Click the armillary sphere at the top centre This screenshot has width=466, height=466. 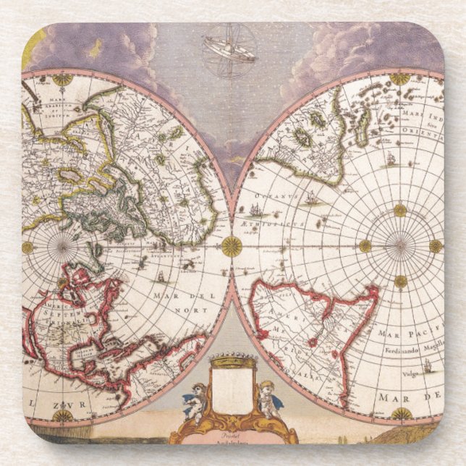[x=229, y=50]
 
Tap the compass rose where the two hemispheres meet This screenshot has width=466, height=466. [x=232, y=246]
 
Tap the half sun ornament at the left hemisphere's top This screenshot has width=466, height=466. [x=64, y=79]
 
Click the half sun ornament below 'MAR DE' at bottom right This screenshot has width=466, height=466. [x=402, y=414]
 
